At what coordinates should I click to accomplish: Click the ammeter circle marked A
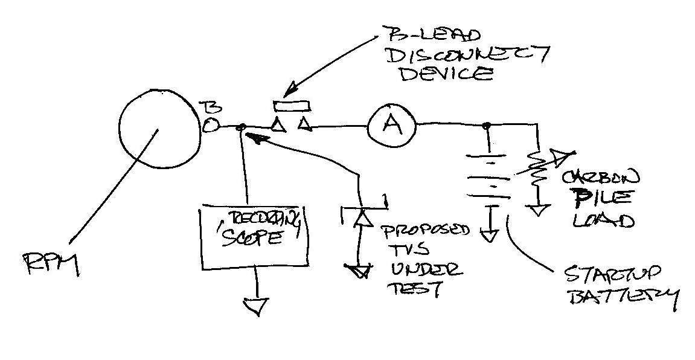[x=392, y=126]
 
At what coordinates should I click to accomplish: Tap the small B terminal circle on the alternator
[x=209, y=126]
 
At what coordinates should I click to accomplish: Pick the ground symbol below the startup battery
[x=490, y=233]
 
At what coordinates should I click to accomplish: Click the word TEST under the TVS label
[x=419, y=289]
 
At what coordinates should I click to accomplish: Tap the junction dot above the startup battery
[x=486, y=126]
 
